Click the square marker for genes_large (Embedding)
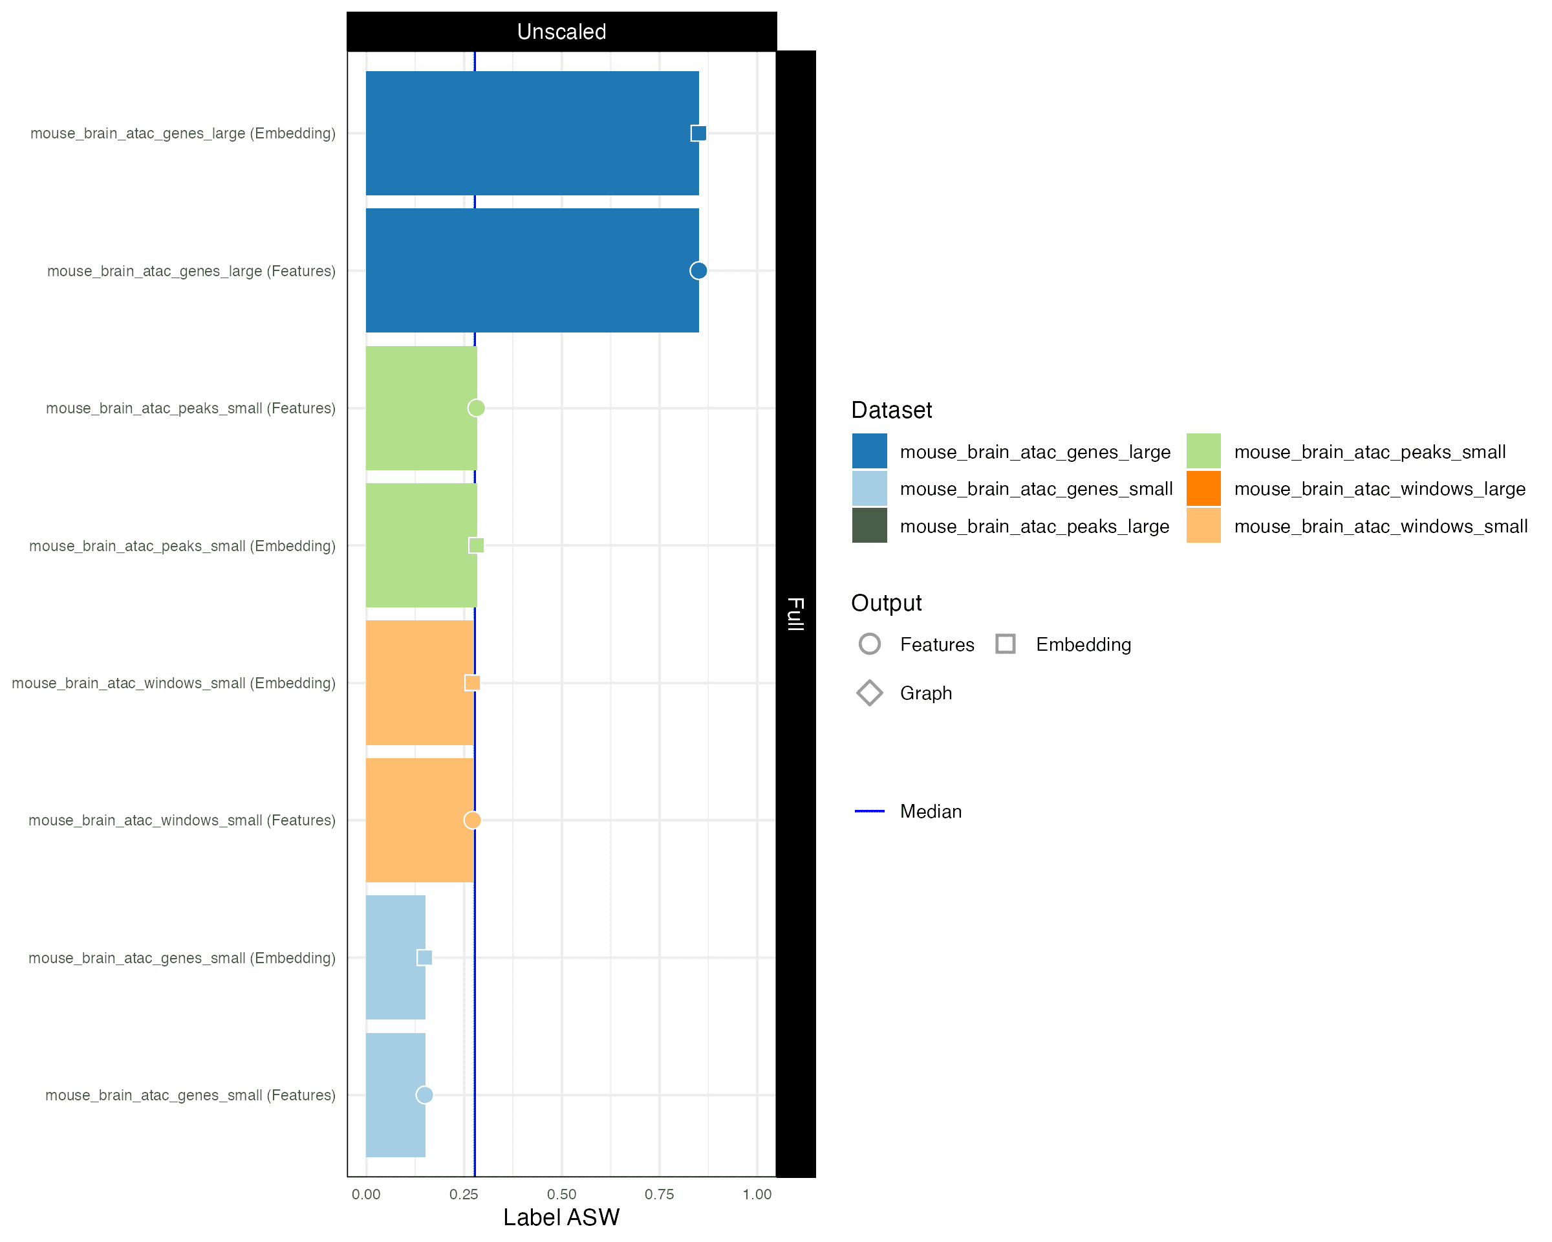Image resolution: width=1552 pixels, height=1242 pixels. pos(698,133)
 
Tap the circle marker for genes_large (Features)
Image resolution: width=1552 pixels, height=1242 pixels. pos(698,271)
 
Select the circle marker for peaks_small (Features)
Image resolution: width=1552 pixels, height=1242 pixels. pos(476,408)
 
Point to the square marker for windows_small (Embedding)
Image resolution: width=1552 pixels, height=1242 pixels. pos(472,682)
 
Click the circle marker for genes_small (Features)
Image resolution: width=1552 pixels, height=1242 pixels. pos(425,1095)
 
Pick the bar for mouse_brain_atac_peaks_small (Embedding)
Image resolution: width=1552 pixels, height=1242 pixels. pos(421,545)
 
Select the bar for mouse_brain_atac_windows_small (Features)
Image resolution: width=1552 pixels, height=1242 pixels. pos(420,820)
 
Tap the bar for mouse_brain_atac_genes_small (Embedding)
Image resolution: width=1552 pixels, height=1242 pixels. pos(395,957)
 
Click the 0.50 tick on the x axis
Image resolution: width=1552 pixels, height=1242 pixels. pos(561,1195)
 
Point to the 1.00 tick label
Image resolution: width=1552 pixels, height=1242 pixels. pos(757,1195)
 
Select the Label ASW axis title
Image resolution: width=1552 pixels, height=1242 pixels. pos(561,1217)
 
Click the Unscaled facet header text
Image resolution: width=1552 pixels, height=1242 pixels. pos(561,32)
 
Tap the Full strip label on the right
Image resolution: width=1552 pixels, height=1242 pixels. pos(795,613)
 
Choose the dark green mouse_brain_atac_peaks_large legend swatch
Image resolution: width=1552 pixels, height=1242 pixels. pos(870,526)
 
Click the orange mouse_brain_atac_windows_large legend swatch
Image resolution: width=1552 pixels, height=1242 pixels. pos(1203,488)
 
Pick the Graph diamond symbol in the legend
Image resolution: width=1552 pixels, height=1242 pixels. pos(870,693)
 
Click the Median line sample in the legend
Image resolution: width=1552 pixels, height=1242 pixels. pos(870,811)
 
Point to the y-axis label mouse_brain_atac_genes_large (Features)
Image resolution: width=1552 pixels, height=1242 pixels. pos(191,271)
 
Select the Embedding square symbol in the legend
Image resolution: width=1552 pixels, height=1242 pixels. pos(1006,644)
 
